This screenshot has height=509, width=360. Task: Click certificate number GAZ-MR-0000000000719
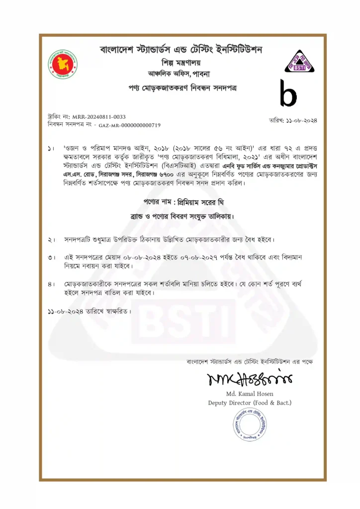pyautogui.click(x=129, y=126)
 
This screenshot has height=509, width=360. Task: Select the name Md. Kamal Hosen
pyautogui.click(x=250, y=394)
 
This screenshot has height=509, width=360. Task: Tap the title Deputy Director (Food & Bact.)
pyautogui.click(x=250, y=403)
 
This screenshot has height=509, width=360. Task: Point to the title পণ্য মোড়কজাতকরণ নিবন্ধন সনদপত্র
pyautogui.click(x=180, y=88)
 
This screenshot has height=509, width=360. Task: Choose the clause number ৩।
pyautogui.click(x=51, y=258)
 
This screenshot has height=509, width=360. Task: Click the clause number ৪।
pyautogui.click(x=51, y=284)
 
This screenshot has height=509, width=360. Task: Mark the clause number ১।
pyautogui.click(x=51, y=149)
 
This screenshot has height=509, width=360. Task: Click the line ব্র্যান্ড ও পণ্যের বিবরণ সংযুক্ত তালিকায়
pyautogui.click(x=180, y=217)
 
